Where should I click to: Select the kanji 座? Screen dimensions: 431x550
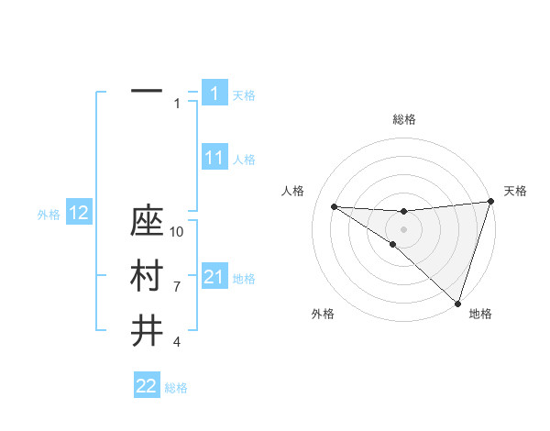point(147,223)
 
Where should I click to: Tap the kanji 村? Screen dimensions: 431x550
point(147,276)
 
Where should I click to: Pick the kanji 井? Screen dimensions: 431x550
point(147,330)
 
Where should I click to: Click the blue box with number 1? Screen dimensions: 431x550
point(214,93)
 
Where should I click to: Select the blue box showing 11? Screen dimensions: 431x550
point(214,158)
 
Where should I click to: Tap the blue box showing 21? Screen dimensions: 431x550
point(214,277)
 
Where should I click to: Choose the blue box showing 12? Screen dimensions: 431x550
point(79,214)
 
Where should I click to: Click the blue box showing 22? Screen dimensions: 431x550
point(147,386)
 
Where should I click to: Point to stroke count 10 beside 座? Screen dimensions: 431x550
point(177,232)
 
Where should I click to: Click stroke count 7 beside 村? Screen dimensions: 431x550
point(177,287)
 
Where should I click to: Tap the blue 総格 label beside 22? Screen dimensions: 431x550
point(176,388)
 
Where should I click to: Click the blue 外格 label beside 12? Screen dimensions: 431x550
point(49,215)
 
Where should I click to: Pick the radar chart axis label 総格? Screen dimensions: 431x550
point(403,119)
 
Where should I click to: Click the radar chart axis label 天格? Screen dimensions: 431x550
point(515,191)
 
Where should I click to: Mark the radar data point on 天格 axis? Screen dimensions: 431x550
point(491,202)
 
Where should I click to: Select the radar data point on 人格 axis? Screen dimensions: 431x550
point(334,205)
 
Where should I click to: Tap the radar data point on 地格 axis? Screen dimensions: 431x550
point(457,303)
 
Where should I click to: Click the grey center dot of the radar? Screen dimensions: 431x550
point(403,228)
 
